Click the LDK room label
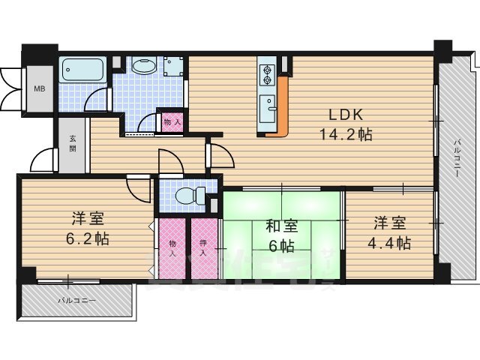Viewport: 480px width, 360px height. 344,115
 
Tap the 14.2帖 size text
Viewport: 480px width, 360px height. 344,135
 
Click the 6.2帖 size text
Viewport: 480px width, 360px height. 88,239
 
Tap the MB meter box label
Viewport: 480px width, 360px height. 37,87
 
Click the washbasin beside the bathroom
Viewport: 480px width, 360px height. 143,67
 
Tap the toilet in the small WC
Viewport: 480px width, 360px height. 187,196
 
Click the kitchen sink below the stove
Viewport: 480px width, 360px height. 268,103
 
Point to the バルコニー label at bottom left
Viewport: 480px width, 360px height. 78,300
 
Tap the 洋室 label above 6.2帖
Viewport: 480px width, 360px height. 88,219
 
